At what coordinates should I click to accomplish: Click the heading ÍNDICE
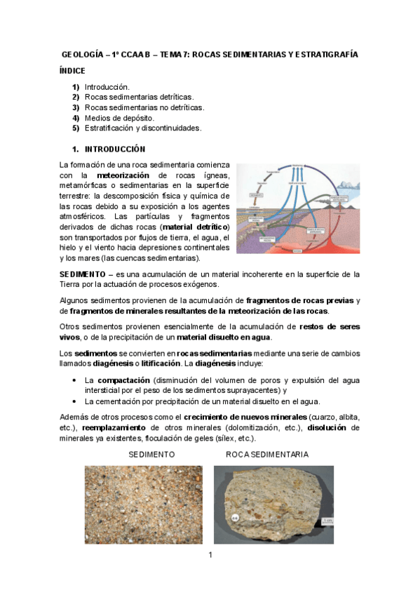pyautogui.click(x=73, y=70)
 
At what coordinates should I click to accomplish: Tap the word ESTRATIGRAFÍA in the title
pyautogui.click(x=324, y=54)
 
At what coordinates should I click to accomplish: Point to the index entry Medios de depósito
pyautogui.click(x=119, y=118)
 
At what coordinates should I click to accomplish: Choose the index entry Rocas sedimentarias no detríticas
pyautogui.click(x=144, y=107)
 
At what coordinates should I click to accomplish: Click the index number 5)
pyautogui.click(x=76, y=128)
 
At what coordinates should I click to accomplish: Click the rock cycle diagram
pyautogui.click(x=298, y=209)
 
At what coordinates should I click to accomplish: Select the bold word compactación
pyautogui.click(x=121, y=379)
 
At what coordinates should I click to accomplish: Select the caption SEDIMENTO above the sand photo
pyautogui.click(x=151, y=455)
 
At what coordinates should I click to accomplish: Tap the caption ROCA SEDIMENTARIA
pyautogui.click(x=266, y=455)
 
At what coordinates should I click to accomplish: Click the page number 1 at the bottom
pyautogui.click(x=210, y=556)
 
